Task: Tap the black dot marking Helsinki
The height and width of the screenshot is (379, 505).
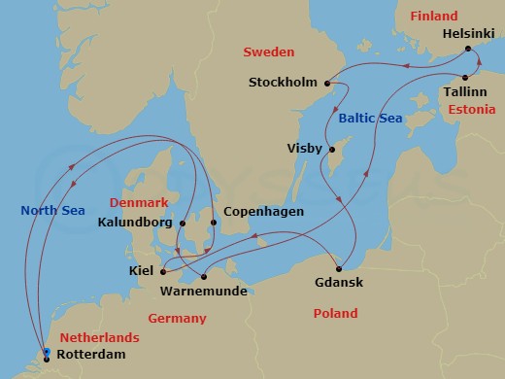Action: click(468, 48)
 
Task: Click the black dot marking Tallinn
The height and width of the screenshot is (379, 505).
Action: click(465, 78)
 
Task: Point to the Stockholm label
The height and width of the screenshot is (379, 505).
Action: click(284, 82)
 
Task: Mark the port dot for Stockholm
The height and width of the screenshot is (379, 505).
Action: click(326, 82)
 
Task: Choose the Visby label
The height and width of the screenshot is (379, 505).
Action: click(305, 149)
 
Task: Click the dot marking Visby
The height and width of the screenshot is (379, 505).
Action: click(331, 150)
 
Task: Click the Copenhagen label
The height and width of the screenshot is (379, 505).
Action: click(263, 212)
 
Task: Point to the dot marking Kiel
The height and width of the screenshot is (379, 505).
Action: click(162, 271)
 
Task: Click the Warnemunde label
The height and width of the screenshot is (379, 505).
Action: click(203, 291)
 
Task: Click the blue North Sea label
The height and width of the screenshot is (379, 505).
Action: click(53, 211)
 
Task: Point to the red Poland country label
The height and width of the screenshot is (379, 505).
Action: click(335, 314)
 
